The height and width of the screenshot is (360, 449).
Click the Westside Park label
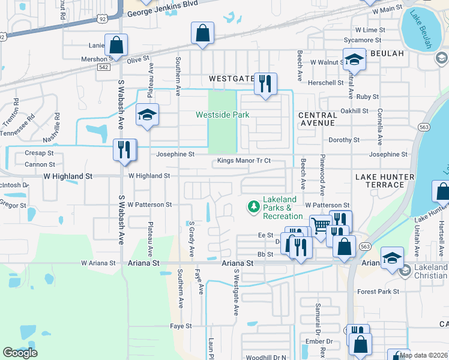(x=222, y=115)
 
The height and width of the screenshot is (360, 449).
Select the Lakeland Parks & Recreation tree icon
(x=254, y=207)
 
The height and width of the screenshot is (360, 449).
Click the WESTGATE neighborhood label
(x=231, y=79)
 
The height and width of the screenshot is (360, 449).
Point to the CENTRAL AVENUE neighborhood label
(x=317, y=119)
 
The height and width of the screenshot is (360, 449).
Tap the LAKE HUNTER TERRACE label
(x=384, y=181)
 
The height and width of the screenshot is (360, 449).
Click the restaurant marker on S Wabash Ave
(x=124, y=150)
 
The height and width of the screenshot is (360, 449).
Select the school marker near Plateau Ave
(x=146, y=115)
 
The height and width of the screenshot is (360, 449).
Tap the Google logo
(x=20, y=353)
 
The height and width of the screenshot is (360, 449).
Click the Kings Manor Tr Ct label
(x=244, y=161)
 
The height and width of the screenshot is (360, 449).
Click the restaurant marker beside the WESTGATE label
(x=265, y=83)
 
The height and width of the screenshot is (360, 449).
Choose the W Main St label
(x=387, y=10)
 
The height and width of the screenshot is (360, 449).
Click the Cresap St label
(x=40, y=153)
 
